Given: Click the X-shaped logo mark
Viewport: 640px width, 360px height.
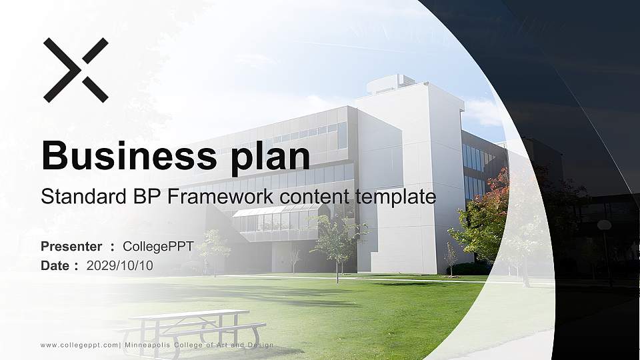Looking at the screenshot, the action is [x=76, y=70].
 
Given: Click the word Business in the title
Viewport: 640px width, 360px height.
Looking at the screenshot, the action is [x=129, y=155].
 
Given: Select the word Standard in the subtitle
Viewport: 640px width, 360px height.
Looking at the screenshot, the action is [x=84, y=196].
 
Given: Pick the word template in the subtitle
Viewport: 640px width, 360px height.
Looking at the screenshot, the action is [x=395, y=197].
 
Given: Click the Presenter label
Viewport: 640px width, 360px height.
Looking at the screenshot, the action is [x=71, y=247].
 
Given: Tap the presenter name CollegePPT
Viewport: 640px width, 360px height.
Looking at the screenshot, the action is [x=158, y=247].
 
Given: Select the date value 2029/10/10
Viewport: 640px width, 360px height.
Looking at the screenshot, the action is [x=119, y=266].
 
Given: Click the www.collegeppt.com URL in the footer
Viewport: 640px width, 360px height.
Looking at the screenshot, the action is [x=79, y=345].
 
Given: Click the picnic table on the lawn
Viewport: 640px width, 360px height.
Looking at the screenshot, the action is [x=192, y=330].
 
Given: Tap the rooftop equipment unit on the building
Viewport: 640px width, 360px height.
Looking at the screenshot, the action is [x=390, y=84].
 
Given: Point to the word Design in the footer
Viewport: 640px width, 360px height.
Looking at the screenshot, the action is [x=259, y=345].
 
